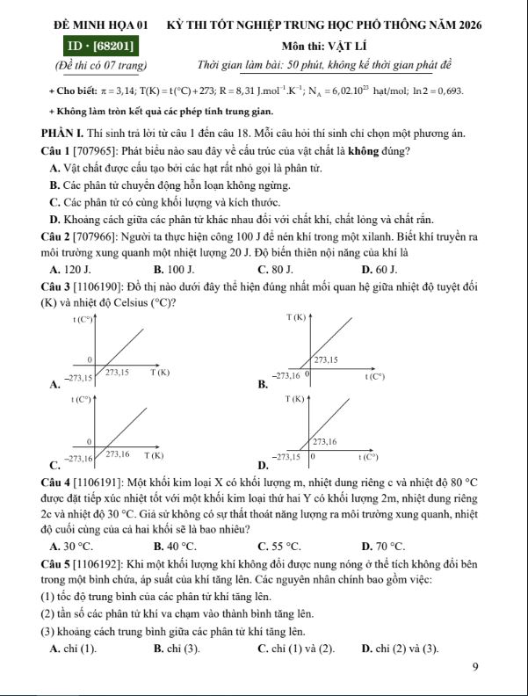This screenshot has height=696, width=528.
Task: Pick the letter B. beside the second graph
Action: (x=262, y=383)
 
